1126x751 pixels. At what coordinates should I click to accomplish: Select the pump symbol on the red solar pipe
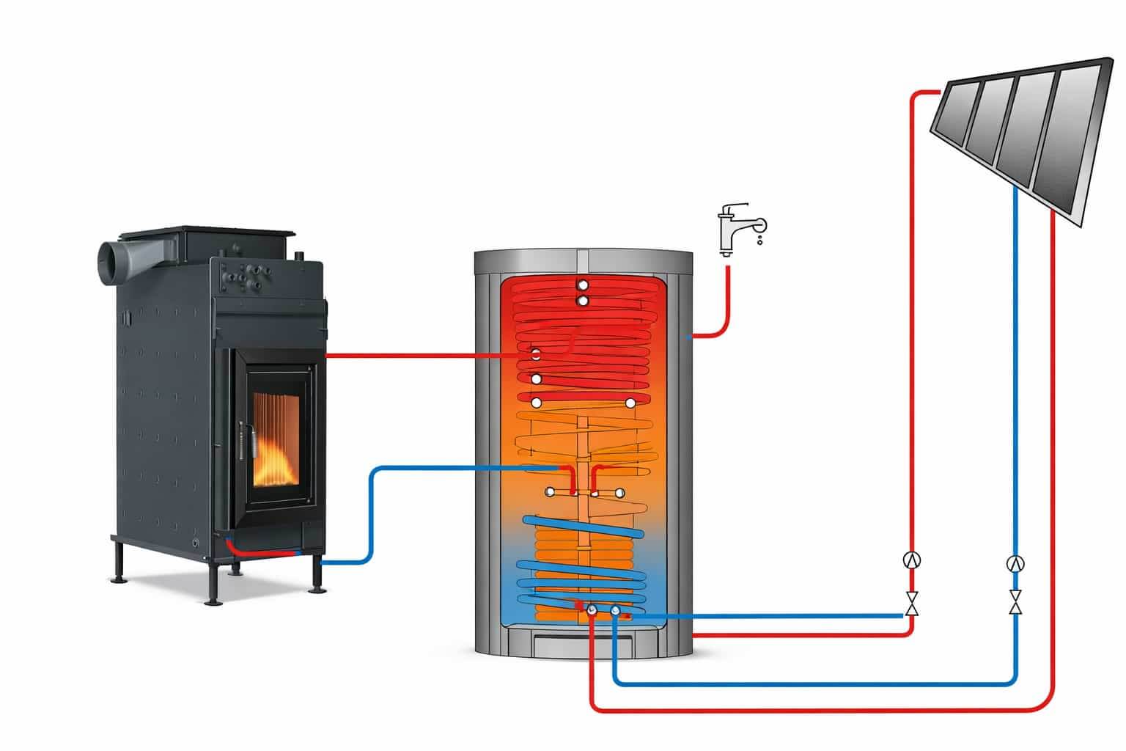(x=912, y=560)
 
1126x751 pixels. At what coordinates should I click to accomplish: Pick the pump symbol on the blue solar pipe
(x=1015, y=563)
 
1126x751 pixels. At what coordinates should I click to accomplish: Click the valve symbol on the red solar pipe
(x=912, y=603)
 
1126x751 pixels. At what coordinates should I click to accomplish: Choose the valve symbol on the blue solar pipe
(x=1015, y=603)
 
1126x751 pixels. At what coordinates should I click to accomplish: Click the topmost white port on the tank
(x=582, y=285)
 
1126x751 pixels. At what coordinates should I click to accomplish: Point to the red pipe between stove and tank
(x=411, y=356)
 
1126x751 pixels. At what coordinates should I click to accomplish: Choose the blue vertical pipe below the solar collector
(x=1015, y=367)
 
